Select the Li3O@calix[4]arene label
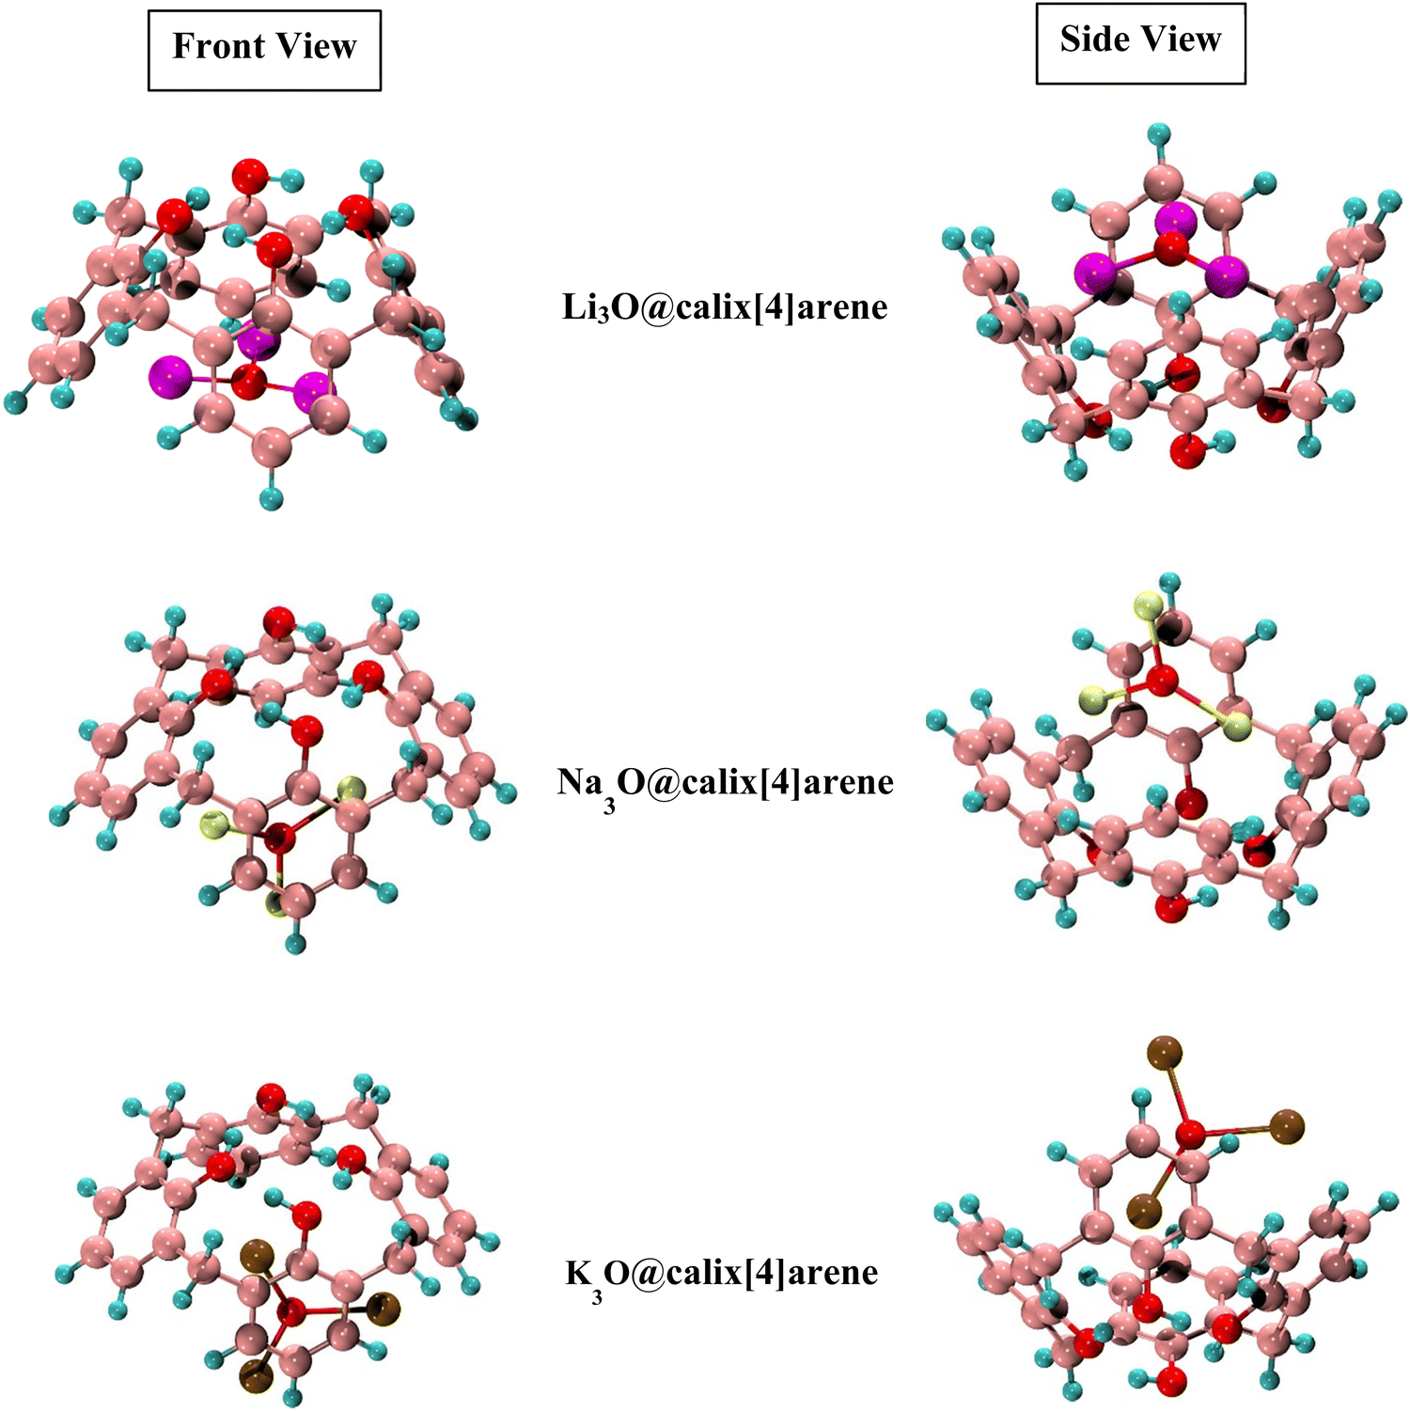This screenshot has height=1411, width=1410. (725, 307)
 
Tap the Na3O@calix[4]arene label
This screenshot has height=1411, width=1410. (725, 784)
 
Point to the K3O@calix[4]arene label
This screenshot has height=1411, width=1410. (722, 1275)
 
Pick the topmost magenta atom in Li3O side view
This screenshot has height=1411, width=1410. (1176, 220)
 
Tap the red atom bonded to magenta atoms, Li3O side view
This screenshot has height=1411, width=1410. (1171, 249)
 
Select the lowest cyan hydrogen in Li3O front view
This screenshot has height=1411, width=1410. (271, 497)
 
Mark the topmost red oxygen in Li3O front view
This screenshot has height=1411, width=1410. (250, 176)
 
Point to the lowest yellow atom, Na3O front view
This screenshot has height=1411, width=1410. (278, 903)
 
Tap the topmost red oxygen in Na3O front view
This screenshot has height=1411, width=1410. (279, 621)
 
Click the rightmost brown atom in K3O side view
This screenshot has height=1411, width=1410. (1287, 1126)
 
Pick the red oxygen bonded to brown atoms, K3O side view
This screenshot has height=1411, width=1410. (1191, 1134)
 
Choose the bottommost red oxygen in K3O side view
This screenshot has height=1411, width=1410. (1171, 1382)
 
